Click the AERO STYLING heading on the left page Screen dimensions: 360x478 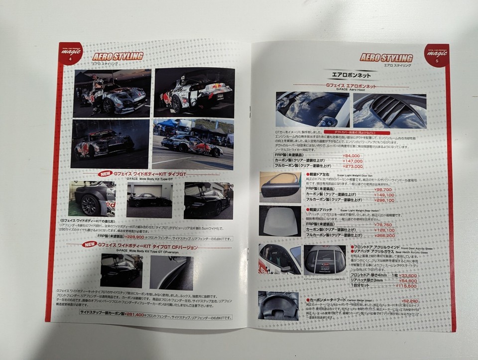pyautogui.click(x=118, y=56)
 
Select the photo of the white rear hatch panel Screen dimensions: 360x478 pyautogui.click(x=280, y=221)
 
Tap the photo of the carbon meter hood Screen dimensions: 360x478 pyautogui.click(x=278, y=305)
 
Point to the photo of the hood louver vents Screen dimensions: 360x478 pyautogui.click(x=389, y=109)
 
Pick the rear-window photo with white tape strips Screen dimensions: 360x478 pyautogui.click(x=324, y=259)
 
